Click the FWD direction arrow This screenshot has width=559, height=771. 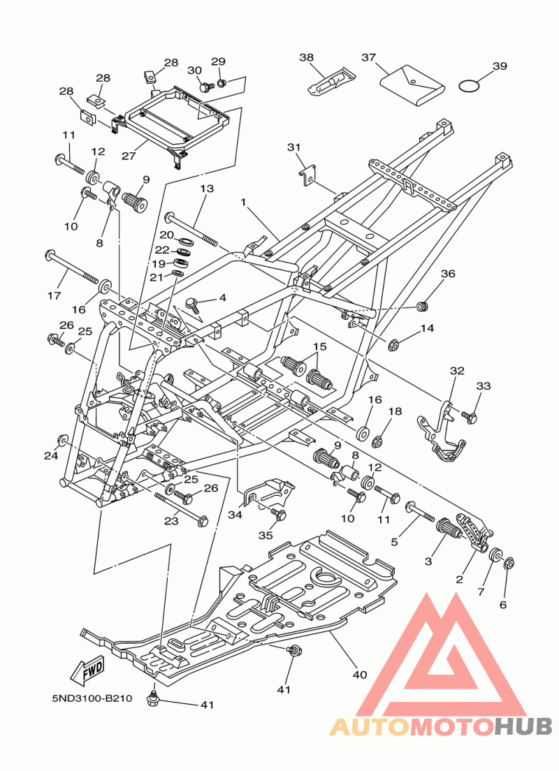(x=87, y=669)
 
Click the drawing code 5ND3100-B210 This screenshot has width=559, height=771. (x=92, y=698)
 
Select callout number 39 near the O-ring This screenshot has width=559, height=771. (x=500, y=66)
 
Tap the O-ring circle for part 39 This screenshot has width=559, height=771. (x=469, y=86)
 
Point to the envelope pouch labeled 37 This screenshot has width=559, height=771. (x=419, y=85)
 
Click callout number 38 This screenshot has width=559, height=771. (x=307, y=57)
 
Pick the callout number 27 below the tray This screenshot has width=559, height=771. (x=129, y=156)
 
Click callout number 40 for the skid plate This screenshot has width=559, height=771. (x=360, y=675)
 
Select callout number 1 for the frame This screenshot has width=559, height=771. (x=242, y=202)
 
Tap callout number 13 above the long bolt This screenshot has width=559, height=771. (x=207, y=189)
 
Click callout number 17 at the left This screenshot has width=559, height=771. (x=54, y=295)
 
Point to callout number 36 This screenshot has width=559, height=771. (x=448, y=273)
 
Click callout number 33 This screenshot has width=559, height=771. (x=484, y=386)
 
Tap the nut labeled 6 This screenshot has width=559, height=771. (x=509, y=563)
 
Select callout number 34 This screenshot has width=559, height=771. (x=235, y=515)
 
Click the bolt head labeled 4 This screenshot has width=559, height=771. (x=193, y=302)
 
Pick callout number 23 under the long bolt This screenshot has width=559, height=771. (x=171, y=520)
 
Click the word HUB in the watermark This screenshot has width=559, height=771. (x=523, y=726)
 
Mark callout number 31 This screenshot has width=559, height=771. (x=293, y=147)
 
